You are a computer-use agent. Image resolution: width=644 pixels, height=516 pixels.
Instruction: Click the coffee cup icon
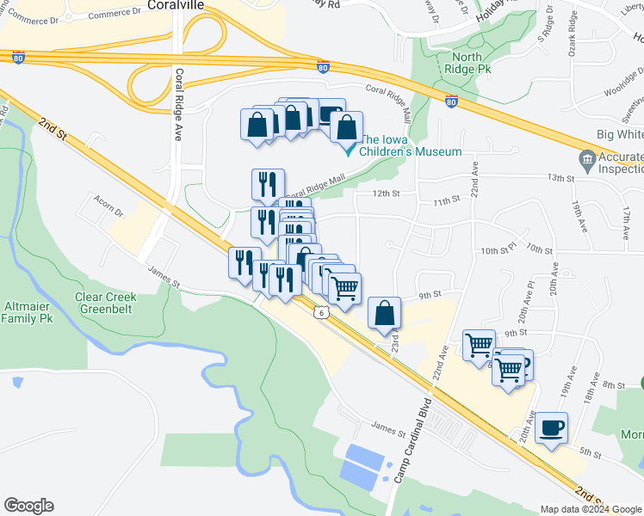[x=551, y=427]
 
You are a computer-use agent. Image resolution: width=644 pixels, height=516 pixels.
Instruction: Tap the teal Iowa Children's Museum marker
[x=350, y=150]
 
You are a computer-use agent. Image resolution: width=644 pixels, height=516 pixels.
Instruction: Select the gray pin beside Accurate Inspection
[x=588, y=159]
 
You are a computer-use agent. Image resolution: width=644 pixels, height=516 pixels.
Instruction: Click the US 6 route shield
[x=320, y=314]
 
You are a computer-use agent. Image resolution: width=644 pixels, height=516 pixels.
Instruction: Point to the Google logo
[x=28, y=506]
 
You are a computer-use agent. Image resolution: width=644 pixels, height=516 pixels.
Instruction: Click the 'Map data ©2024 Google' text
[x=590, y=508]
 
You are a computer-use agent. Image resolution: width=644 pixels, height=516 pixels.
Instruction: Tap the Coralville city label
[x=180, y=5]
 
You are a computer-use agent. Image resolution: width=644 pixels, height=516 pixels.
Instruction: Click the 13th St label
[x=560, y=178]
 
